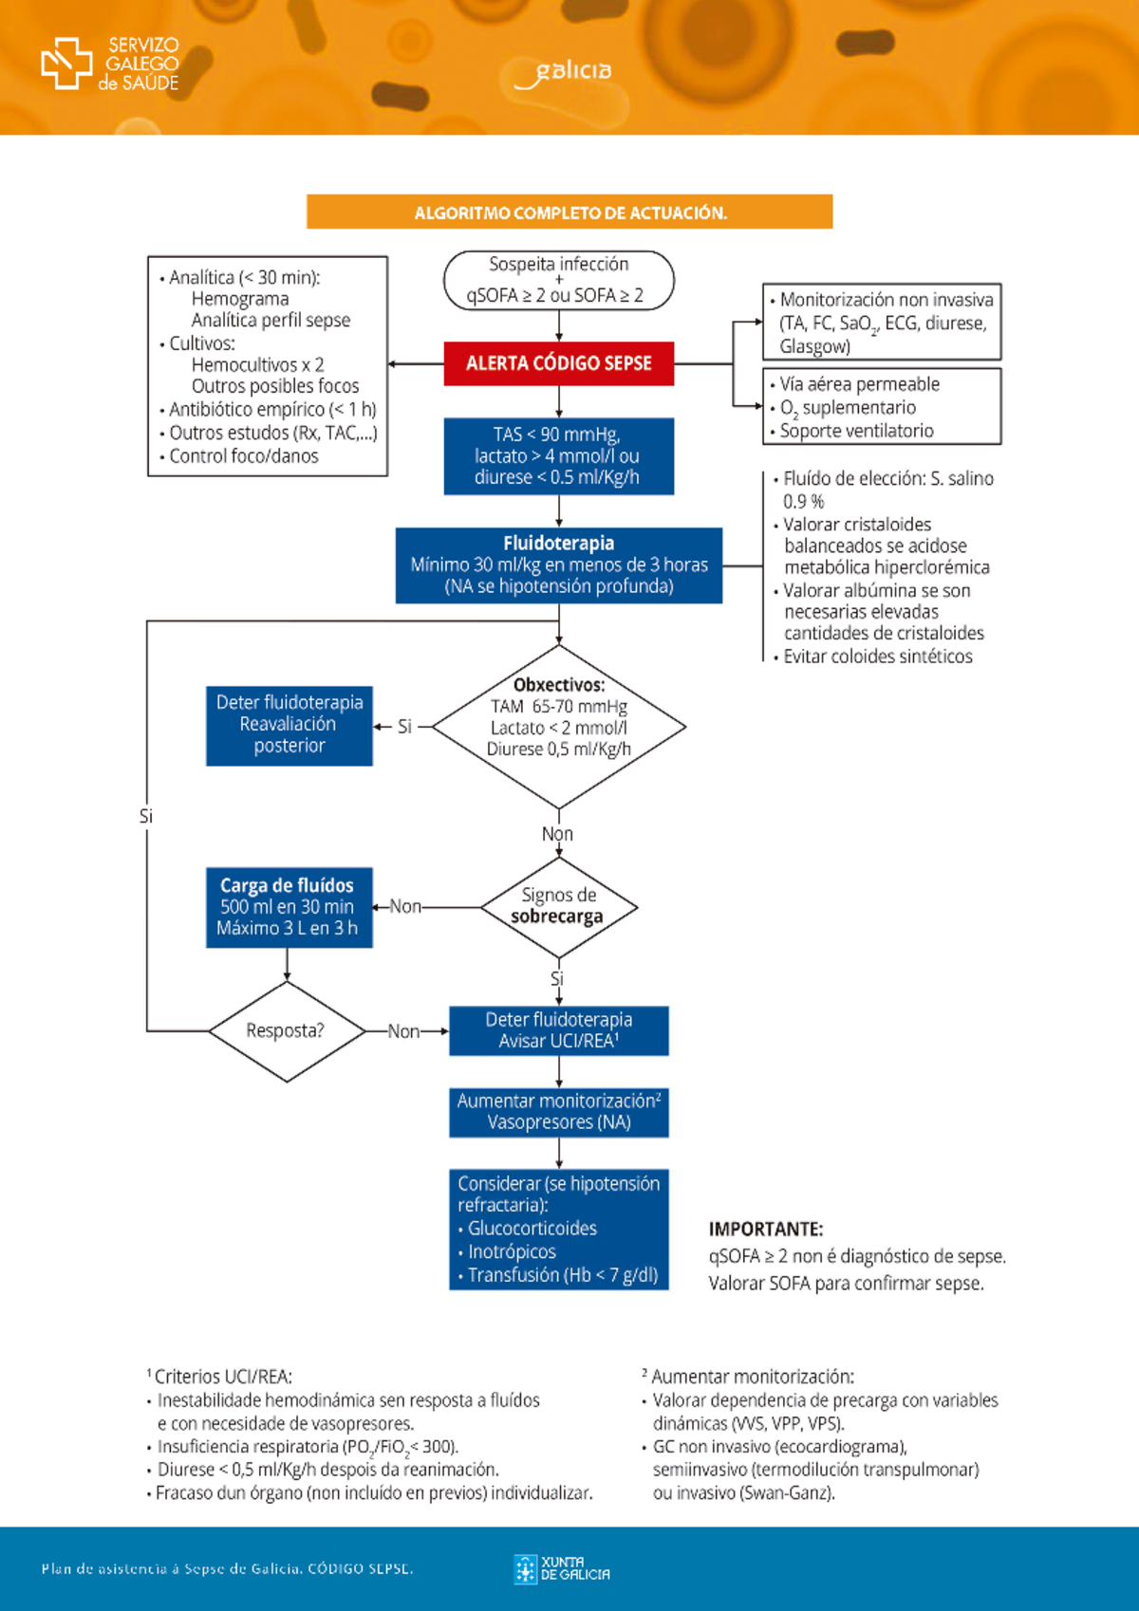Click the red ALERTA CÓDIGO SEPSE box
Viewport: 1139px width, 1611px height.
click(558, 363)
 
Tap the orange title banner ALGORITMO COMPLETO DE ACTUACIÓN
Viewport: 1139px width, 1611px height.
click(569, 213)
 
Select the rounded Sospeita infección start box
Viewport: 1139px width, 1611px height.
click(558, 280)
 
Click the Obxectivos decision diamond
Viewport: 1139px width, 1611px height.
click(558, 727)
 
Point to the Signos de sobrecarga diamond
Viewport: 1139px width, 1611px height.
click(558, 907)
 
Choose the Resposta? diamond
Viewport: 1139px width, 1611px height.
click(287, 1030)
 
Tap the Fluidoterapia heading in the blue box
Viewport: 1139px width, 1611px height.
click(558, 544)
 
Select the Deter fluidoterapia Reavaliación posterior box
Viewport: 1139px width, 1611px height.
click(289, 725)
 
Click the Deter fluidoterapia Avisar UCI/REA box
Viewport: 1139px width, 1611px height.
click(558, 1030)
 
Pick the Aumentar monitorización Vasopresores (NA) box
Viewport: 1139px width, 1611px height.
click(558, 1112)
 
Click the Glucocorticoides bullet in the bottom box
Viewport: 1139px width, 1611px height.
click(532, 1229)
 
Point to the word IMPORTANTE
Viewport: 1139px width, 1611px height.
click(765, 1230)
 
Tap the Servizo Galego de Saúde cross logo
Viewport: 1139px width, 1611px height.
click(66, 64)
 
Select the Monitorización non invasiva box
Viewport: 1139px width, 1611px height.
click(881, 323)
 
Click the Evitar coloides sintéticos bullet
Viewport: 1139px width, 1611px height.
click(877, 657)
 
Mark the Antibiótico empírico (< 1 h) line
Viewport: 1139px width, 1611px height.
click(271, 410)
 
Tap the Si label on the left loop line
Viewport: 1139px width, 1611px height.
click(145, 816)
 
